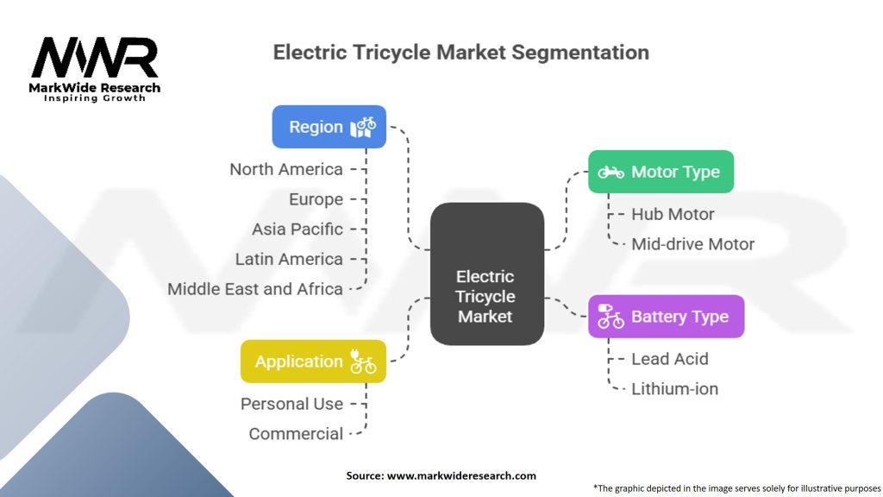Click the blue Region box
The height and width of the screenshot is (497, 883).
click(x=329, y=127)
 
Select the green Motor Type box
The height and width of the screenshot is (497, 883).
click(x=661, y=172)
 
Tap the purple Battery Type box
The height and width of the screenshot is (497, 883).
click(x=666, y=317)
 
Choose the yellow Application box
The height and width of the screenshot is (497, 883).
click(x=313, y=362)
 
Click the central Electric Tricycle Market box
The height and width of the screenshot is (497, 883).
click(x=486, y=296)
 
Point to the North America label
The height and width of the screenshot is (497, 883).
click(x=286, y=169)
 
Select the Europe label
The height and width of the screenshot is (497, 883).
click(x=316, y=199)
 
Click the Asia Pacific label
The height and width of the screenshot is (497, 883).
click(x=297, y=230)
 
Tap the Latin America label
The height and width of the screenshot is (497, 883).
click(x=289, y=259)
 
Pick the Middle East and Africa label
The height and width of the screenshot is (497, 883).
click(x=255, y=289)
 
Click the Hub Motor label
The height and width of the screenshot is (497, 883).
click(x=673, y=214)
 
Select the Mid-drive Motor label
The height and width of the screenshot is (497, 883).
click(x=692, y=244)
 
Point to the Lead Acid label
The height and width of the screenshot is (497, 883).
click(x=669, y=359)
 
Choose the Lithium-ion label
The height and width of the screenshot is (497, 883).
click(x=674, y=389)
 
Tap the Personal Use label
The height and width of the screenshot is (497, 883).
click(x=291, y=404)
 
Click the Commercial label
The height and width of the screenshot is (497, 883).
click(x=296, y=434)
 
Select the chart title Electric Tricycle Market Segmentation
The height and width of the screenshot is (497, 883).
click(x=460, y=52)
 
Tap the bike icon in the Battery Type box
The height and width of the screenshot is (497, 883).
click(x=611, y=317)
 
